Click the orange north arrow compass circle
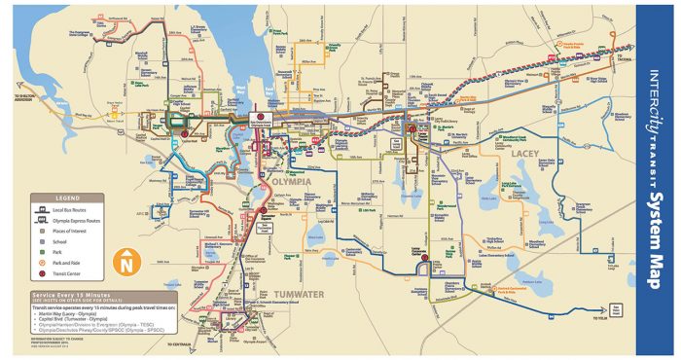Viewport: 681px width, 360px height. click(126, 261)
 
